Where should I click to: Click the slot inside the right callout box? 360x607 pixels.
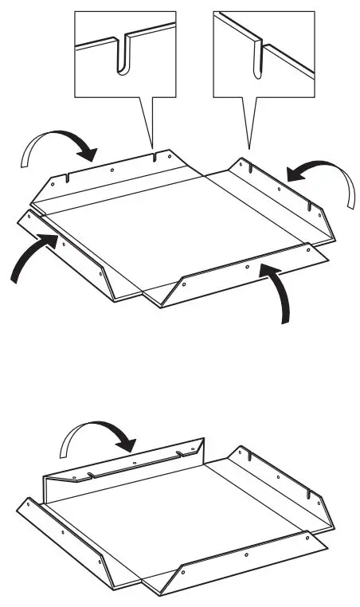pos(256,61)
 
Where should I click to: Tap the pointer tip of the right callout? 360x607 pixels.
pos(250,148)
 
